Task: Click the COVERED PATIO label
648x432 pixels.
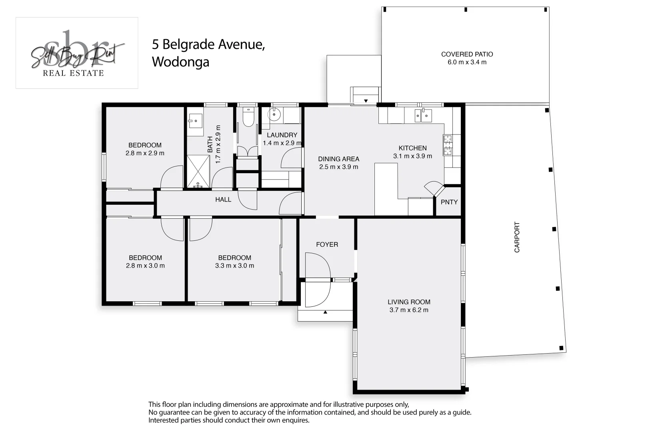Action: pos(467,54)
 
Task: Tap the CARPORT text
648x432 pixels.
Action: pos(517,237)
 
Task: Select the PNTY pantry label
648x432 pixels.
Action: pos(449,202)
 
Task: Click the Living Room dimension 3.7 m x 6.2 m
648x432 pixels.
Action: pos(408,310)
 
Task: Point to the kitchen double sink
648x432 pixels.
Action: pos(423,116)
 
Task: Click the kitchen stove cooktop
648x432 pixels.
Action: pos(448,145)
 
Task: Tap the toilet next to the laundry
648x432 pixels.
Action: pos(248,117)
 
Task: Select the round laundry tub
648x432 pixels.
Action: pos(274,114)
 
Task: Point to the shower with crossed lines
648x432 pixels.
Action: pos(198,171)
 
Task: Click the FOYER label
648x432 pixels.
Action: pos(327,244)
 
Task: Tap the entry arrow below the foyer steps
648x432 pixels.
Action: pos(325,312)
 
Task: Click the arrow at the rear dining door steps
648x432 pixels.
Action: pos(366,101)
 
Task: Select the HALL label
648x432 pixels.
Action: pos(223,200)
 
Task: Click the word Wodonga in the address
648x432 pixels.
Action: pos(180,62)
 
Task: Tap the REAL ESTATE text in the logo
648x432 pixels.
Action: pos(73,73)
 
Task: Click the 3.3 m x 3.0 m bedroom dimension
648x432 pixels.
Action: pos(234,266)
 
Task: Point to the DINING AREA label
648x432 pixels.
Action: pos(338,159)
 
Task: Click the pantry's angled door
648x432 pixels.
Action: pos(434,189)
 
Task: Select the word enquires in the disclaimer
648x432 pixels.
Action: pos(296,420)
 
